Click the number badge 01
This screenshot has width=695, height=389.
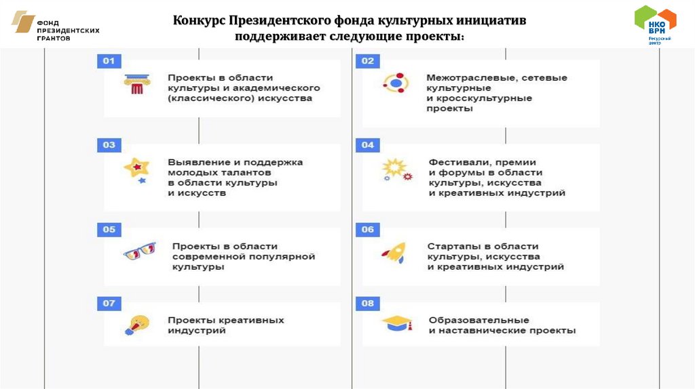(x=109, y=62)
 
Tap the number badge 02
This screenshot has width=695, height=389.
(x=367, y=62)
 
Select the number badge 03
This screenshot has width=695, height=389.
(x=109, y=145)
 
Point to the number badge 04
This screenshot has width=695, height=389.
(x=367, y=145)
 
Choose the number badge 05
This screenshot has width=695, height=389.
(x=109, y=229)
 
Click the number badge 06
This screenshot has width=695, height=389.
(x=367, y=229)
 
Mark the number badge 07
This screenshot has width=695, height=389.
(x=109, y=304)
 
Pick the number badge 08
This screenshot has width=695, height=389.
(x=367, y=304)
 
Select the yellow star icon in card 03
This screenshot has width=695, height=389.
(x=136, y=168)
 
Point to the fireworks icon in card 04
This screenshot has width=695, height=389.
(x=396, y=169)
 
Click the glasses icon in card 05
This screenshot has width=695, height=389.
(x=139, y=252)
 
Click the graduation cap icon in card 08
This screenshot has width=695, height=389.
(x=398, y=324)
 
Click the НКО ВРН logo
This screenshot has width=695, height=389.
(x=655, y=23)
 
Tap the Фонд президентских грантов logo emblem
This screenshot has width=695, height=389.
(x=24, y=22)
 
